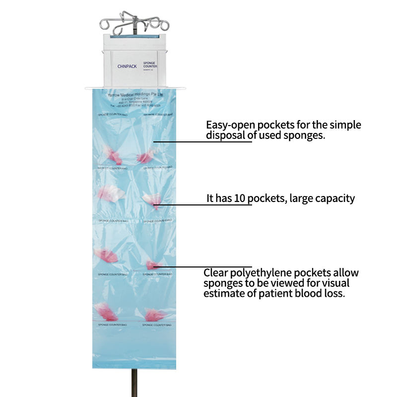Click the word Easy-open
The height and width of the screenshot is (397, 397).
tap(230, 125)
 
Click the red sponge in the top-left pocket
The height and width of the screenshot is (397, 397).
tap(113, 156)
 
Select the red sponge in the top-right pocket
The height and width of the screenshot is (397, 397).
tap(145, 158)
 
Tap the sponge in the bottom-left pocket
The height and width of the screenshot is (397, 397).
tap(107, 313)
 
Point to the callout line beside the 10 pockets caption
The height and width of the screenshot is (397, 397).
tap(198, 205)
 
